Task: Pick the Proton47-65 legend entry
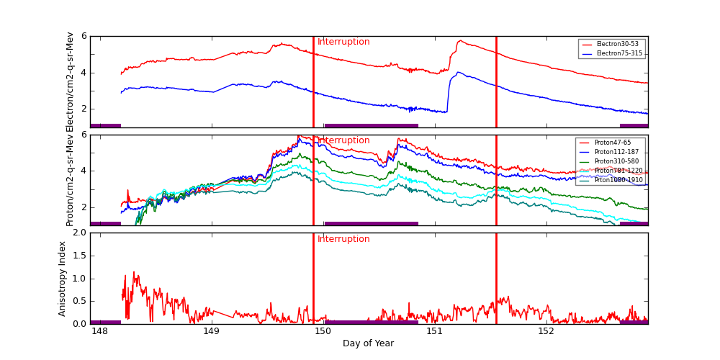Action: click(x=611, y=143)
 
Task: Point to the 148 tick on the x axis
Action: click(x=99, y=332)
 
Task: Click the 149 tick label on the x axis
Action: click(x=211, y=332)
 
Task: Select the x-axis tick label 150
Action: click(x=323, y=332)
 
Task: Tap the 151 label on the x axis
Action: click(x=434, y=332)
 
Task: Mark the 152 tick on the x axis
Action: click(x=546, y=332)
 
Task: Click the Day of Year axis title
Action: click(x=368, y=343)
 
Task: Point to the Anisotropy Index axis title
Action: click(x=63, y=279)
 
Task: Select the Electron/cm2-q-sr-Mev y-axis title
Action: click(x=70, y=82)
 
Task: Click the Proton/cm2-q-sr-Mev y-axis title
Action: click(x=70, y=180)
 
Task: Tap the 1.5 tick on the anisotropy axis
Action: click(x=78, y=256)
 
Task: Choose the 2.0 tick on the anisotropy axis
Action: click(x=78, y=233)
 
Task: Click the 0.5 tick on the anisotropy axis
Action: click(x=78, y=301)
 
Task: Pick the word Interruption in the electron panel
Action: click(x=343, y=42)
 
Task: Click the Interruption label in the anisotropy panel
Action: click(x=343, y=239)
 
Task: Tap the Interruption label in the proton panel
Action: click(x=343, y=140)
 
